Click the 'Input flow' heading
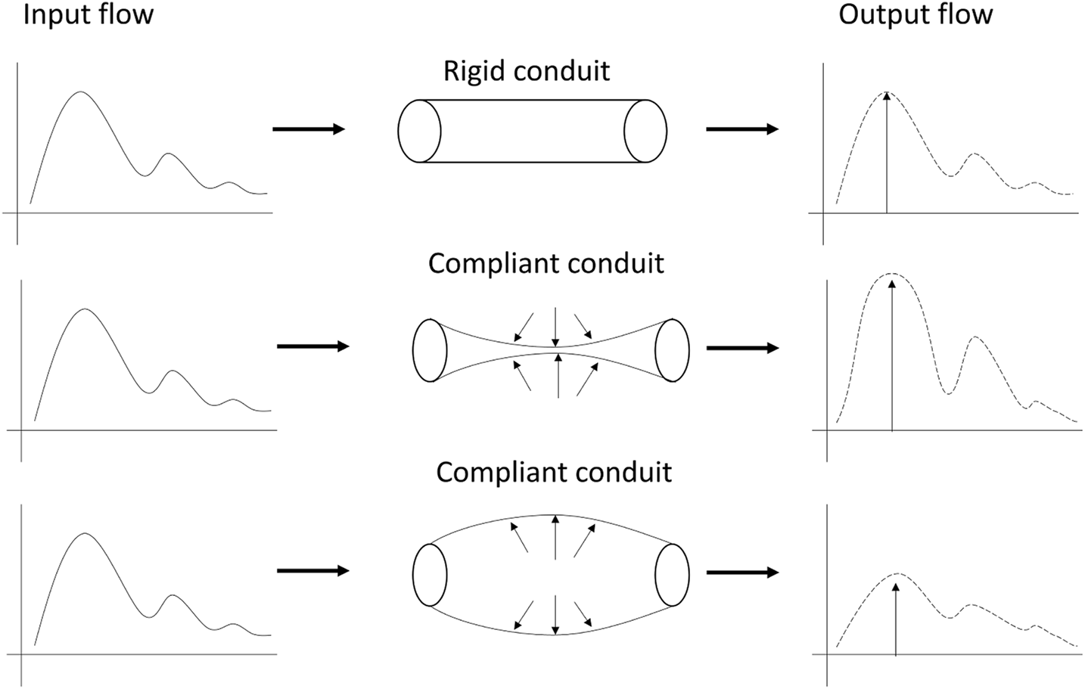pyautogui.click(x=88, y=15)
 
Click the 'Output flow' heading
pyautogui.click(x=916, y=15)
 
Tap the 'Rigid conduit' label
pyautogui.click(x=527, y=71)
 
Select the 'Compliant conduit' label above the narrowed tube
pyautogui.click(x=546, y=263)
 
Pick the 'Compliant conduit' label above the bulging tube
pyautogui.click(x=554, y=472)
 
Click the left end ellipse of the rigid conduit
pyautogui.click(x=419, y=131)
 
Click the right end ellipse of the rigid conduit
pyautogui.click(x=645, y=131)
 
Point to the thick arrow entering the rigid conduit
pyautogui.click(x=308, y=129)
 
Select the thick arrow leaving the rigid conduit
pyautogui.click(x=742, y=129)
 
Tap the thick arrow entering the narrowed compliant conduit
pyautogui.click(x=313, y=346)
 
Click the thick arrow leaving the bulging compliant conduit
pyautogui.click(x=742, y=573)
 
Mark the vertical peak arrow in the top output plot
pyautogui.click(x=887, y=151)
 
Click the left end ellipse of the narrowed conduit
pyautogui.click(x=430, y=350)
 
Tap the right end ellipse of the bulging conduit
pyautogui.click(x=672, y=575)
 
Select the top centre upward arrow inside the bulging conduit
pyautogui.click(x=555, y=537)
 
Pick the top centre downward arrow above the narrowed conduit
pyautogui.click(x=556, y=326)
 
